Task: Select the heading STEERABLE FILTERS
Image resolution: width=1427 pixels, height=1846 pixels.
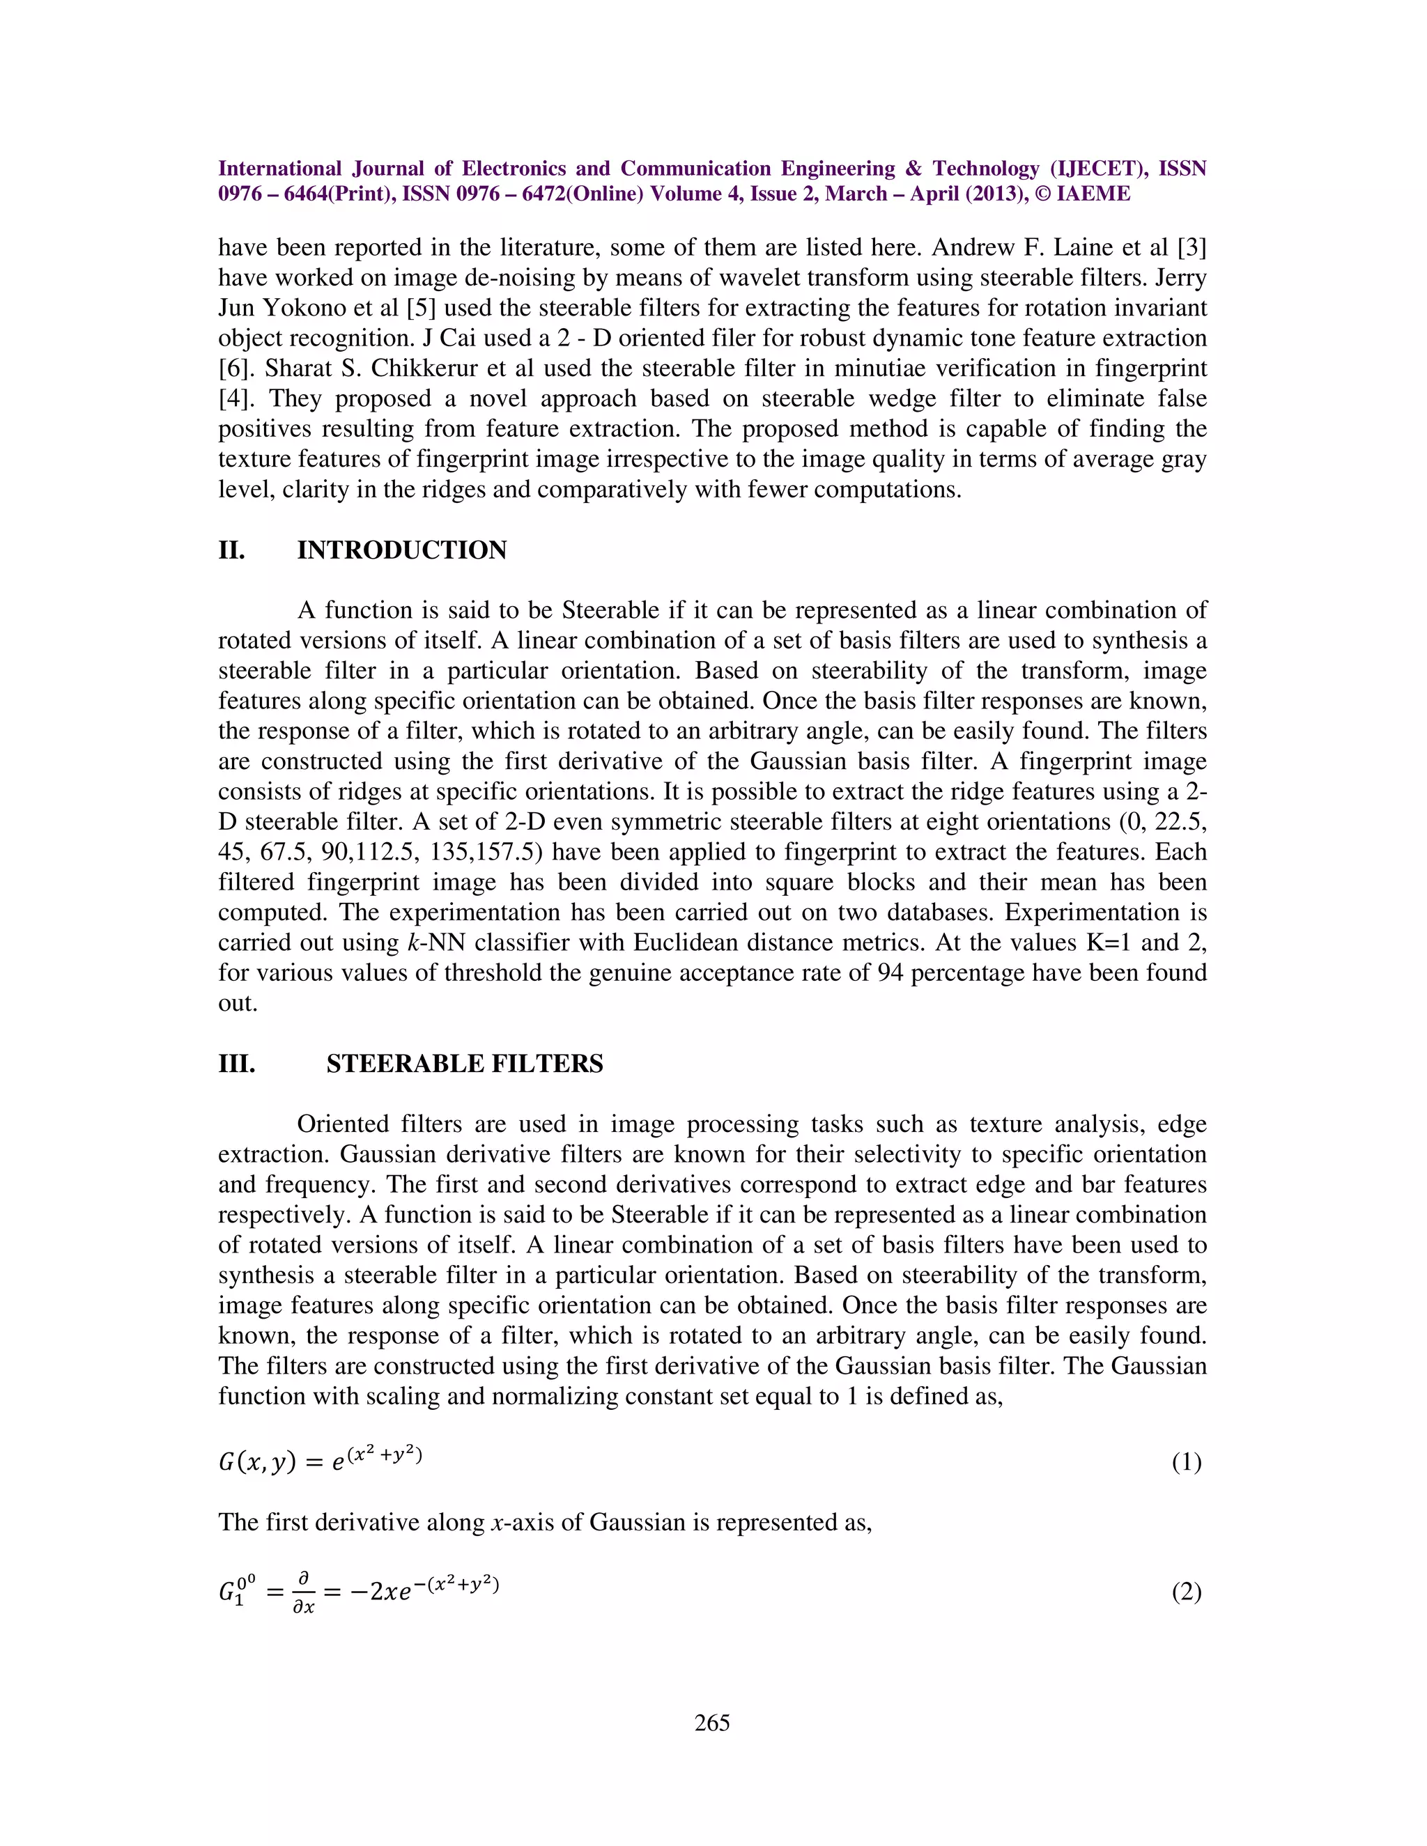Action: [465, 1063]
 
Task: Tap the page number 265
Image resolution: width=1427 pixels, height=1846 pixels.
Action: [712, 1723]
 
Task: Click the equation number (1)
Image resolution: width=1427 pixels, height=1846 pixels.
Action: [1186, 1462]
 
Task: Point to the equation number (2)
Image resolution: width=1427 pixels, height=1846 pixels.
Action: [1186, 1592]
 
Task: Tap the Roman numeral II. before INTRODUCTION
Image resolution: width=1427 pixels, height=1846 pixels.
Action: [231, 550]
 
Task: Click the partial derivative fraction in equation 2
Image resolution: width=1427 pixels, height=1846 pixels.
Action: [304, 1592]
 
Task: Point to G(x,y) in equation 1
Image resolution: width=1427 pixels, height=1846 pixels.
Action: [257, 1462]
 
